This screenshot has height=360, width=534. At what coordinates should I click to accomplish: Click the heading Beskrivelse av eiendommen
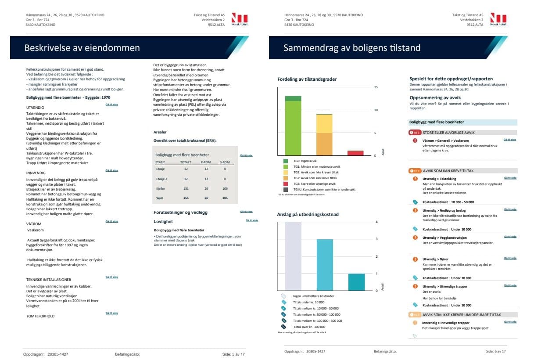[82, 48]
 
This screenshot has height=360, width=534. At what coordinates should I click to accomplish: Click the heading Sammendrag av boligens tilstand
[352, 48]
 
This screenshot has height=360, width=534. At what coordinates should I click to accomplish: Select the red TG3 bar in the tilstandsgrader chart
[355, 153]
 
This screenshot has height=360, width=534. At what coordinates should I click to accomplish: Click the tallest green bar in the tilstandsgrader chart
[293, 128]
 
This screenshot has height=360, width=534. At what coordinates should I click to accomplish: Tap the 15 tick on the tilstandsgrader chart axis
[375, 87]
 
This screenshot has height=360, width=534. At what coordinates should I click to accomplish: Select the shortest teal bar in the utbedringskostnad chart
[356, 281]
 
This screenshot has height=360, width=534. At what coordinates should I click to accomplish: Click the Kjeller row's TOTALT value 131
[186, 188]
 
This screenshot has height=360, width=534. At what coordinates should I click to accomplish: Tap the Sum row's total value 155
[186, 198]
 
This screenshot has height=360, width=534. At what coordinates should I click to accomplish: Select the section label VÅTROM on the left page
[34, 223]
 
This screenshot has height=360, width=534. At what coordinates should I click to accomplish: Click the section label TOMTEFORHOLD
[40, 316]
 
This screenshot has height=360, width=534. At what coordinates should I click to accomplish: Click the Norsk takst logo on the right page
[498, 20]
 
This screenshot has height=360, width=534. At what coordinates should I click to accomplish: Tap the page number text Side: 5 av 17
[233, 353]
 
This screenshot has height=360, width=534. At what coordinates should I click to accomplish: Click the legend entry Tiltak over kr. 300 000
[309, 327]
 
